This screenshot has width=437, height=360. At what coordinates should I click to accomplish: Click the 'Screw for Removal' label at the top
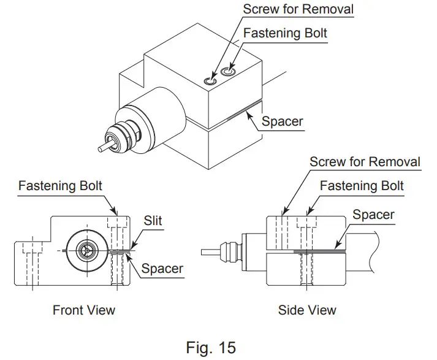click(x=298, y=9)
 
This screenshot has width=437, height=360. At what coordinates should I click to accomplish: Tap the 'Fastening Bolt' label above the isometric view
click(x=285, y=33)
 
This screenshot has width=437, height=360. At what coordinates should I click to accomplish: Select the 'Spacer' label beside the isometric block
click(x=282, y=121)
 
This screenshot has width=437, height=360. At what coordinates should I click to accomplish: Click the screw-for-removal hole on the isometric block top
click(x=210, y=79)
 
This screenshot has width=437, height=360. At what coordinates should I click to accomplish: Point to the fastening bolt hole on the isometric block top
click(x=229, y=72)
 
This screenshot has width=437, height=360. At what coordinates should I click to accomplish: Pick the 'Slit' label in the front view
click(x=153, y=220)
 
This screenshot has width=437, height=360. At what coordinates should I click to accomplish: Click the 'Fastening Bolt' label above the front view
click(x=60, y=185)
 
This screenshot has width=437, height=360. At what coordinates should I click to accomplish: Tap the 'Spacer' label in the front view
click(x=162, y=268)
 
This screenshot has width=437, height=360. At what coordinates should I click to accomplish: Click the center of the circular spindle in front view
click(x=85, y=250)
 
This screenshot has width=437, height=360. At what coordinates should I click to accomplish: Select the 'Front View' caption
click(x=83, y=310)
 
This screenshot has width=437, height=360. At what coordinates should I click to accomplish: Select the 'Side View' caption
click(x=306, y=310)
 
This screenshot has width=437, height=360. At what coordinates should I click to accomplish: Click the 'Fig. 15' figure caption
click(x=210, y=348)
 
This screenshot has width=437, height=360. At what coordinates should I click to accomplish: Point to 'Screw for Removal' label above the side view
click(x=365, y=162)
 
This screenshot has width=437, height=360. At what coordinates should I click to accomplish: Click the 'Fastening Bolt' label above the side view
click(x=362, y=185)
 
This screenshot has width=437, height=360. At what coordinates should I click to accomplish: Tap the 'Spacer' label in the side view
click(x=373, y=215)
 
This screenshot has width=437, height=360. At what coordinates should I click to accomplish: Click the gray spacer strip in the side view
click(x=319, y=251)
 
